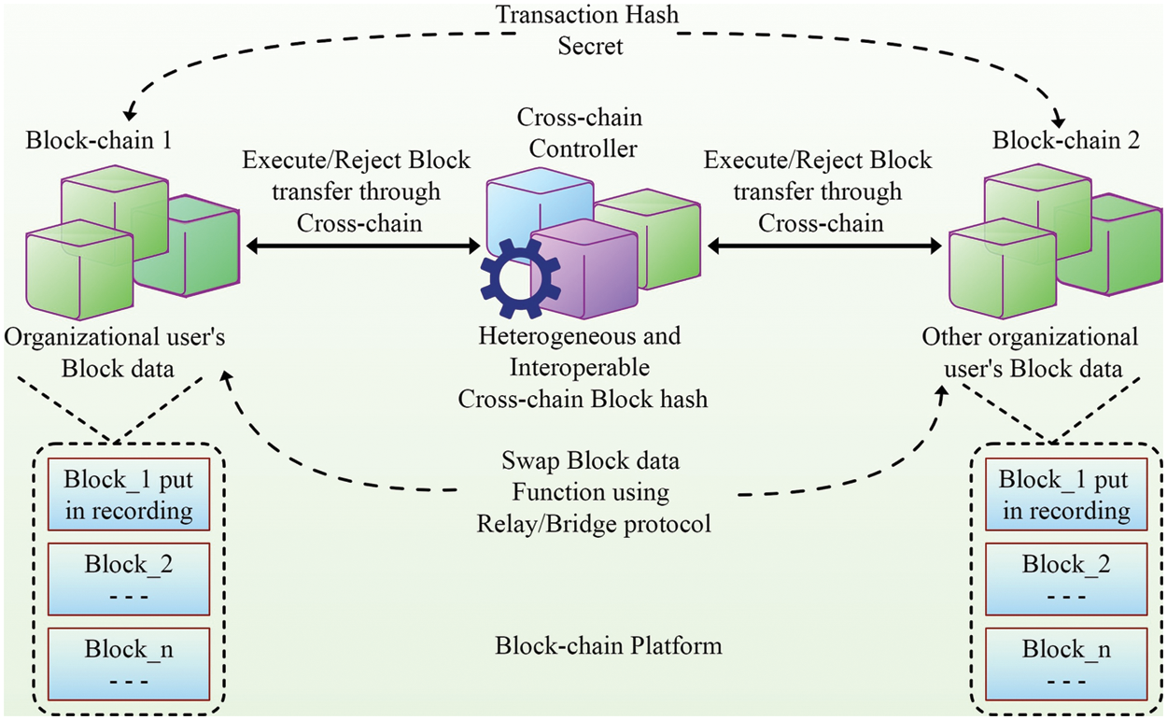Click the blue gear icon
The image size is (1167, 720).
(520, 277)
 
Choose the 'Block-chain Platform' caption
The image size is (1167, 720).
(608, 645)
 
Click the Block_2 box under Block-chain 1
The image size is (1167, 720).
(129, 575)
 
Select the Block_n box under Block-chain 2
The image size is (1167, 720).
(1066, 660)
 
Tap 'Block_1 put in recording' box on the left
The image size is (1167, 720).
(129, 495)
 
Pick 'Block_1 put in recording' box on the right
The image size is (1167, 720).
(1065, 495)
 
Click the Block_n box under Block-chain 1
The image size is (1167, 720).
(129, 660)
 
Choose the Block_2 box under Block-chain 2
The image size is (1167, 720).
(1066, 575)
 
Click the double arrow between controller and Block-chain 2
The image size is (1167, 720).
(823, 247)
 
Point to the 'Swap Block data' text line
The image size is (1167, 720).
(590, 461)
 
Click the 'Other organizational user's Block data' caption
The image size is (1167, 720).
(1030, 352)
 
